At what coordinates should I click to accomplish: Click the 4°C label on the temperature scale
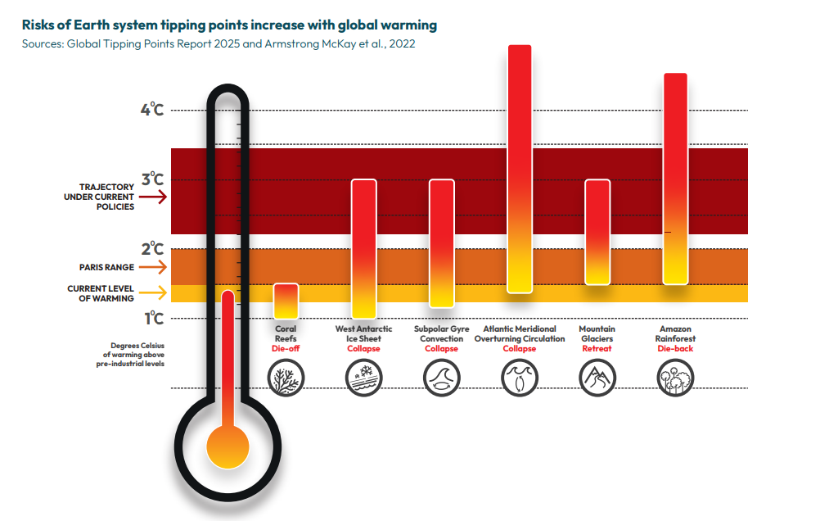pos(151,110)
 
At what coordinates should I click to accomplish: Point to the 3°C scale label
pos(151,179)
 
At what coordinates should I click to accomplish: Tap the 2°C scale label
pos(151,249)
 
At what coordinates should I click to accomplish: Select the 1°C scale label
pos(151,318)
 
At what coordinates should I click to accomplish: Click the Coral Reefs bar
pos(286,301)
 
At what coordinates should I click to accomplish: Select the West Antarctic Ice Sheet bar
pos(363,248)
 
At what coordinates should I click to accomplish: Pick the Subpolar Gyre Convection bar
pos(442,243)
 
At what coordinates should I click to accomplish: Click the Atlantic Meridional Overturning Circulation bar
pos(520,169)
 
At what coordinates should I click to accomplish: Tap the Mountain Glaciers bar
pos(597,232)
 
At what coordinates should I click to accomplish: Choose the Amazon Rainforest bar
pos(675,179)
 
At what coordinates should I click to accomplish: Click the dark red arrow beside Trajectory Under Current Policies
pos(152,197)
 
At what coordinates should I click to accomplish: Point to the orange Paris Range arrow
pos(152,267)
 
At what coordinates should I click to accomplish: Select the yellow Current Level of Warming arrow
pos(152,292)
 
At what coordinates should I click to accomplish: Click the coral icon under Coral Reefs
pos(286,378)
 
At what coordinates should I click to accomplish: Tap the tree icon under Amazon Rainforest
pos(675,378)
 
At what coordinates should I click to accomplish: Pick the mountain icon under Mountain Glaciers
pos(597,378)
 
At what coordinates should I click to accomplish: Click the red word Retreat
pos(597,348)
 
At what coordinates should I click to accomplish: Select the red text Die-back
pos(675,348)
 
